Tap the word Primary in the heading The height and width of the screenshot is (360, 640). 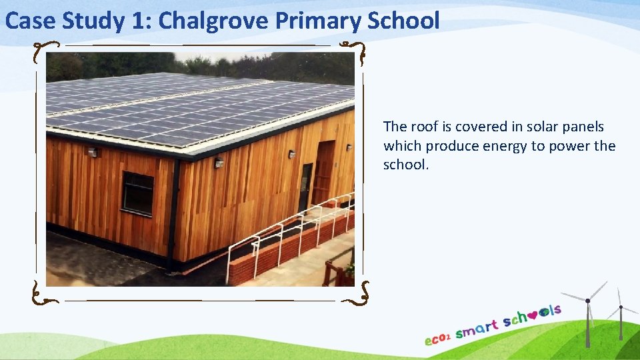click(317, 21)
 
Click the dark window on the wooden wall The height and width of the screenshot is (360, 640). click(137, 193)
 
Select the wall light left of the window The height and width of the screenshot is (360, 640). click(93, 153)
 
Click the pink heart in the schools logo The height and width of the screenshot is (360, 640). click(535, 312)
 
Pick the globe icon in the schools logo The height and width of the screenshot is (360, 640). click(546, 311)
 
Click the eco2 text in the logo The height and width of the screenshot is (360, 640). click(438, 338)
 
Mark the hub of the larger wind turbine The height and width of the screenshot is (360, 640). click(588, 300)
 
